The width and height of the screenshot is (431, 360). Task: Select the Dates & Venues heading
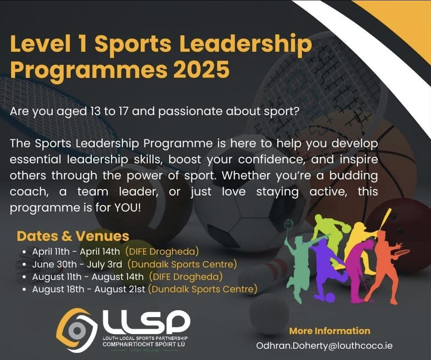73,236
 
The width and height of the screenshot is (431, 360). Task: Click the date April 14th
100,252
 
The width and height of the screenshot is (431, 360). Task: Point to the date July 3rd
104,265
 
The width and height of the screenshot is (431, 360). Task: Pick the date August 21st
119,289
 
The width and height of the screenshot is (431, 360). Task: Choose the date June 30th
54,265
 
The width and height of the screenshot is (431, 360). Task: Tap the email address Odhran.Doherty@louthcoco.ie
324,346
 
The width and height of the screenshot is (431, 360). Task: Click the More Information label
330,331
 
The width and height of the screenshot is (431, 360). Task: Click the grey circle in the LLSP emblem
77,330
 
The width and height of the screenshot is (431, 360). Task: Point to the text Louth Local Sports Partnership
145,338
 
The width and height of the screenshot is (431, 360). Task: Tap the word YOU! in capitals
127,208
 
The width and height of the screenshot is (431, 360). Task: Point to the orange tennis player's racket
402,251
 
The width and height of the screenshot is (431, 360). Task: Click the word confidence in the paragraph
272,159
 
